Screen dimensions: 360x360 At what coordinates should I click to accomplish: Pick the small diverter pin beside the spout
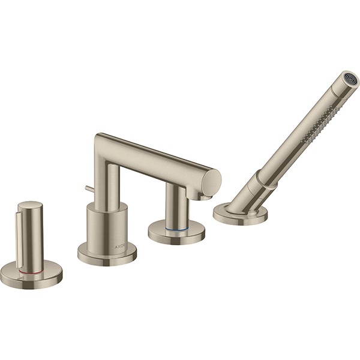(88, 190)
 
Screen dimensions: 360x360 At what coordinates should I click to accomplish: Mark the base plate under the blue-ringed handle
(177, 232)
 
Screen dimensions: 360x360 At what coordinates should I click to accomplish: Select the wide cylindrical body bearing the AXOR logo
(107, 225)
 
